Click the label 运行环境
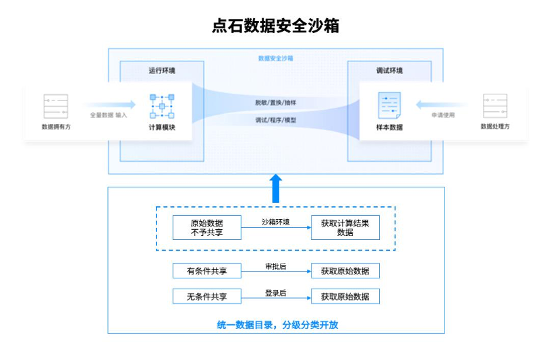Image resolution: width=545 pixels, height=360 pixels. (x=162, y=71)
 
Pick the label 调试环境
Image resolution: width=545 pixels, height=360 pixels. (x=389, y=71)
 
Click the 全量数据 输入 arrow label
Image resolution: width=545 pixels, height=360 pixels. (x=109, y=115)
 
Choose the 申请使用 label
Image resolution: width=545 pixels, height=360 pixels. (x=443, y=115)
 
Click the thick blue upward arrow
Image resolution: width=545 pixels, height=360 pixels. (x=275, y=188)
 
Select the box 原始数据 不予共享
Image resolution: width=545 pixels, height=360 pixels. (x=206, y=228)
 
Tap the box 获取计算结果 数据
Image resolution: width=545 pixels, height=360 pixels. (x=345, y=228)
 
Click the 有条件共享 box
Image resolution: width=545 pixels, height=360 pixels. (x=206, y=271)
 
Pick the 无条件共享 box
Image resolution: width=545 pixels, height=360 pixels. (x=206, y=297)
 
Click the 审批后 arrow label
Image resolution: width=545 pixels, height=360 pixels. (x=276, y=266)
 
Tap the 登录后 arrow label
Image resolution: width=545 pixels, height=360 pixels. (x=276, y=293)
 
